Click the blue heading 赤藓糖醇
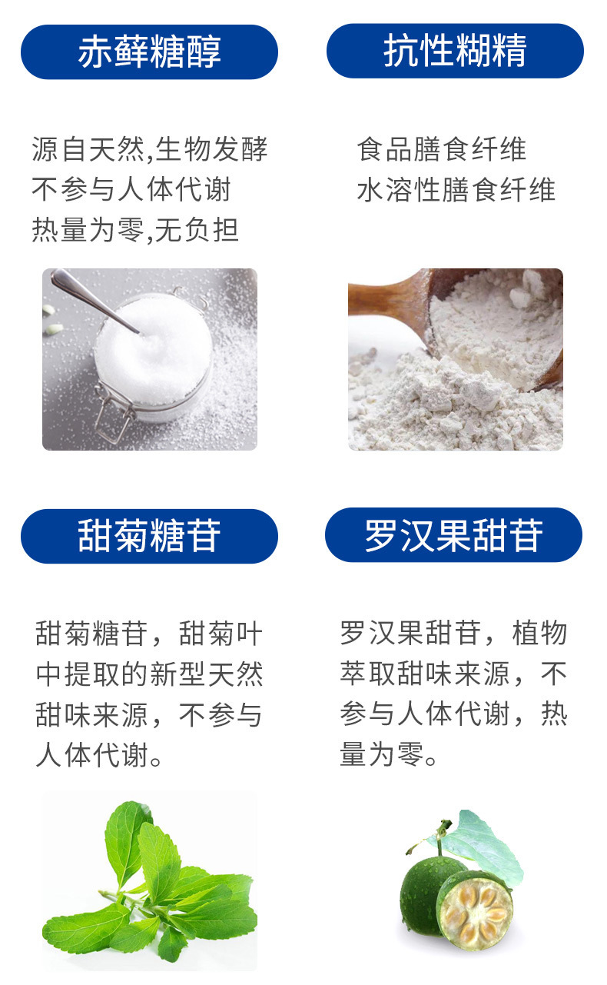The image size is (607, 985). click(149, 52)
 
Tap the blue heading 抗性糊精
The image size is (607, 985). click(455, 51)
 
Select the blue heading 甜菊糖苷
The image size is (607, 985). click(149, 536)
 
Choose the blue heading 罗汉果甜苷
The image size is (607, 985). click(453, 534)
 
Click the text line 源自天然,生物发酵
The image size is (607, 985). click(149, 149)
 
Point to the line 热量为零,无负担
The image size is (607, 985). click(135, 230)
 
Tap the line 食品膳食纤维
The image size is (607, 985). click(441, 149)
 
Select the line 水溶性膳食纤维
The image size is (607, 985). click(456, 190)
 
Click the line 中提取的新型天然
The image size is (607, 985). click(149, 674)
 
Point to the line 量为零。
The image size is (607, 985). click(389, 754)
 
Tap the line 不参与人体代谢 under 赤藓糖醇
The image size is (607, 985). click(131, 190)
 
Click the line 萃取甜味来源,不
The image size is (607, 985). click(453, 674)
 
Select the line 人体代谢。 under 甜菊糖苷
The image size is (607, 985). click(99, 755)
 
